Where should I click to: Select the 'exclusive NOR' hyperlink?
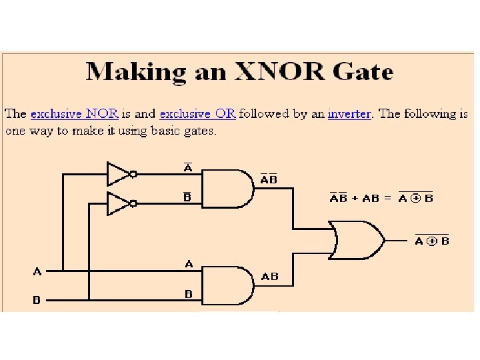[x=75, y=113]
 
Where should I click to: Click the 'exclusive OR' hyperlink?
[x=197, y=113]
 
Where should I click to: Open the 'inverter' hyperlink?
[x=349, y=113]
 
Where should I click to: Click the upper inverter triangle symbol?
[x=119, y=174]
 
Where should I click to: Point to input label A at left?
[x=37, y=271]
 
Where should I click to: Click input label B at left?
[x=37, y=299]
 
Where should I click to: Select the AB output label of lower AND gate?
[x=270, y=276]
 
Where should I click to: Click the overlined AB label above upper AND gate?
[x=269, y=179]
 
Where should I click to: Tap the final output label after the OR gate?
[x=432, y=240]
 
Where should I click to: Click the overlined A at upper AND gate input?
[x=189, y=168]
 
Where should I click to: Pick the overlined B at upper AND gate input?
[x=189, y=197]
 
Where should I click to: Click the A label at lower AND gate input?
[x=189, y=265]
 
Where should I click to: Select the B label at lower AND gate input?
[x=189, y=293]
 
